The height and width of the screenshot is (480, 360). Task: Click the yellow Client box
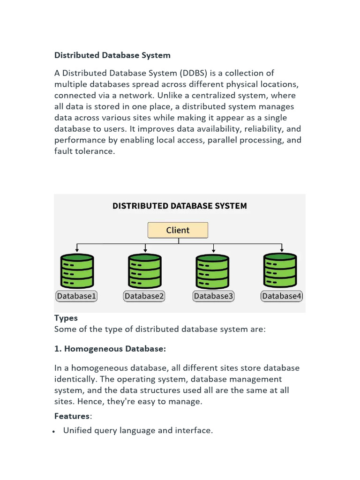pos(178,230)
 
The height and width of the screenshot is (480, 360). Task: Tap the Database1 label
pos(76,296)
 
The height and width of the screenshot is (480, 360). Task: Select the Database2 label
pos(144,296)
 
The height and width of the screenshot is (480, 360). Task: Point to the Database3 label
pos(213,296)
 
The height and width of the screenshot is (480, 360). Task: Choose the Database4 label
pos(282,296)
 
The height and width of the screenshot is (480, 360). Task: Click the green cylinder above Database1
pos(77,271)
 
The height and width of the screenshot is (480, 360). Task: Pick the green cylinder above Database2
pos(145,271)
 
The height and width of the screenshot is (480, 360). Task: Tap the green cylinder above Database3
pos(212,271)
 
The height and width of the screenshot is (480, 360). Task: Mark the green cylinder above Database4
pos(280,270)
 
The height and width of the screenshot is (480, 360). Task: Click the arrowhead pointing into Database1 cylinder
pos(77,250)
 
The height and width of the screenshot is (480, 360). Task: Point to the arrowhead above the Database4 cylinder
pos(282,250)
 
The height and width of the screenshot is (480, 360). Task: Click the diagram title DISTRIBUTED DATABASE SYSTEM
pos(180,206)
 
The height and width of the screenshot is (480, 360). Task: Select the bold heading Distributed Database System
pos(112,55)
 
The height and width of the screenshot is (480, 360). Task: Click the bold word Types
pos(66,318)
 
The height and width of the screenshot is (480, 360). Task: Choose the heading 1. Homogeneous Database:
pos(110,349)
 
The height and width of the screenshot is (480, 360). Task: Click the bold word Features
pos(72,416)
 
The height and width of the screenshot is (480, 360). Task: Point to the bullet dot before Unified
pos(53,432)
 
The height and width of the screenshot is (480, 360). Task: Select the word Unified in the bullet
pos(77,430)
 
